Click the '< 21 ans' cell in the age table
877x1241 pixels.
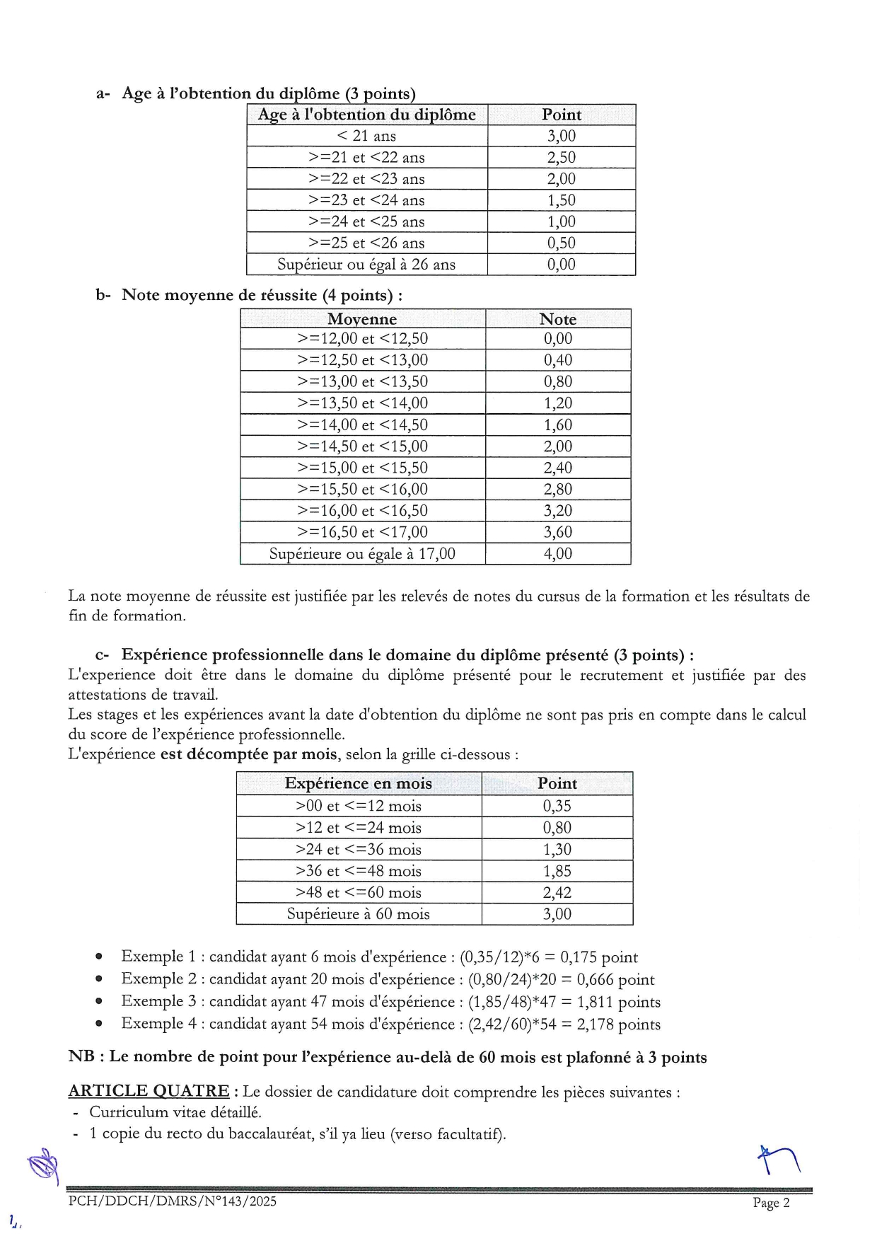pos(366,136)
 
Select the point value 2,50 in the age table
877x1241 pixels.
pos(561,157)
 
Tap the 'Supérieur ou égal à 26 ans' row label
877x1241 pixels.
pos(366,265)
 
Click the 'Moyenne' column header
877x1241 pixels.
pos(362,319)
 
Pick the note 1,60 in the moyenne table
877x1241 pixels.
pos(557,425)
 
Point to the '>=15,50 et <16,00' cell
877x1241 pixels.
pos(362,489)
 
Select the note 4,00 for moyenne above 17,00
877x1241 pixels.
pos(557,553)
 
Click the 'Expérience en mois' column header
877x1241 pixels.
pos(358,783)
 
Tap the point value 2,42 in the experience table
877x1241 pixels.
pos(557,892)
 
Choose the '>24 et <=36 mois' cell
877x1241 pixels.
pos(358,849)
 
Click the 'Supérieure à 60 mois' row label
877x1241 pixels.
pos(358,913)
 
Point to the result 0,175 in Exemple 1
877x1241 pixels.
pos(579,957)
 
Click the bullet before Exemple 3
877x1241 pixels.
pos(100,1002)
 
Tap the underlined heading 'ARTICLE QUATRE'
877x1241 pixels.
pos(149,1091)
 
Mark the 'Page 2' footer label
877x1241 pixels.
pos(771,1203)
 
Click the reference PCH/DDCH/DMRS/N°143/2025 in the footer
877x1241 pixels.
pos(173,1201)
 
